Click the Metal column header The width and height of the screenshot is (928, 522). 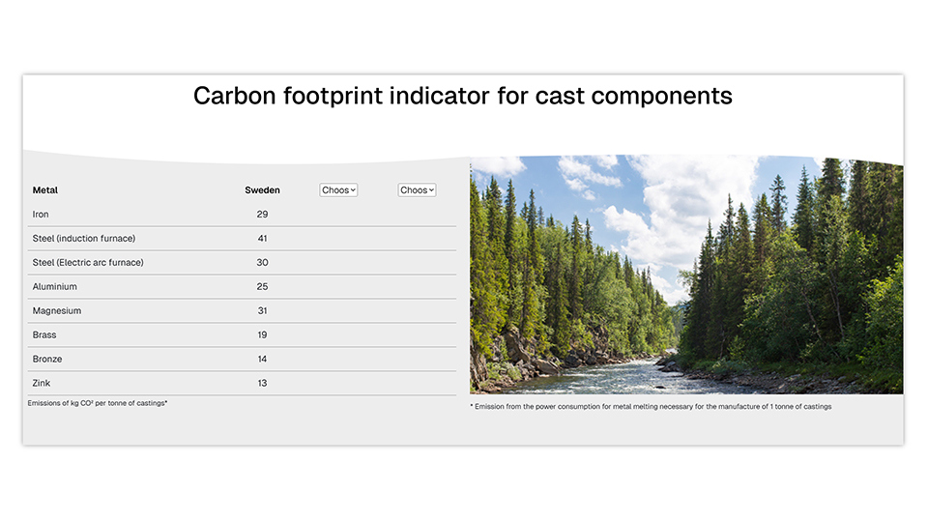(x=45, y=190)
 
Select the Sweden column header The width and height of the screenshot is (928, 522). (x=262, y=190)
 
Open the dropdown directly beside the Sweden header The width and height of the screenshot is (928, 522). (x=338, y=190)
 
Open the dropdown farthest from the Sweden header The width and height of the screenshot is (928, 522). (x=417, y=190)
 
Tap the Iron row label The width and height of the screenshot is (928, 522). (x=41, y=215)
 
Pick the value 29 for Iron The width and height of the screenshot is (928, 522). (x=262, y=215)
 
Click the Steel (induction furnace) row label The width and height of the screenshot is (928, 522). (x=84, y=239)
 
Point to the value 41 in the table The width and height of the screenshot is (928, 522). (x=262, y=239)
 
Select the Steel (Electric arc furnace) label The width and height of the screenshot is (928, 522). (x=88, y=263)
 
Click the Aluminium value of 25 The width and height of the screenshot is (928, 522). (x=262, y=287)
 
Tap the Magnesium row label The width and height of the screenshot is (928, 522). (x=57, y=311)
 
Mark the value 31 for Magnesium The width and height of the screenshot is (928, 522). (x=262, y=311)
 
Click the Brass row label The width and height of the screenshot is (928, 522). (x=44, y=335)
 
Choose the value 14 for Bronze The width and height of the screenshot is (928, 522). (x=262, y=360)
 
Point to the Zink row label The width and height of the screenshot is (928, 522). (x=42, y=384)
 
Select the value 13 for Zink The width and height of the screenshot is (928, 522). (x=262, y=384)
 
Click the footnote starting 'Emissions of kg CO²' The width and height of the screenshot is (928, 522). (x=98, y=403)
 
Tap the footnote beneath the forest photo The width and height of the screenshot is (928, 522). (x=651, y=407)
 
